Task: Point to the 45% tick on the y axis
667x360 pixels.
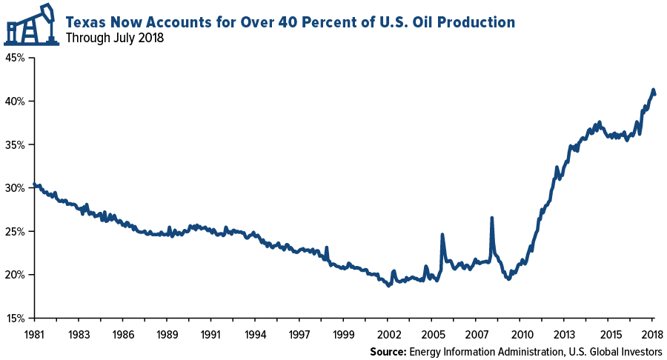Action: (16, 58)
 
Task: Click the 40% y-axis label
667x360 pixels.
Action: (16, 101)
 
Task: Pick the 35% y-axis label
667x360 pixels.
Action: (16, 144)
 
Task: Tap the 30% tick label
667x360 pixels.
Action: (16, 188)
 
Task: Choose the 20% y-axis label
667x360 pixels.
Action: (16, 275)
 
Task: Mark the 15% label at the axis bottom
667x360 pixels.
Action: (16, 319)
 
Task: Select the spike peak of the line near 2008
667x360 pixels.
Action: (491, 218)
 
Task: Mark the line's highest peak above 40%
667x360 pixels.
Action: (653, 90)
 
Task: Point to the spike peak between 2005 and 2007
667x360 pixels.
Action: (442, 235)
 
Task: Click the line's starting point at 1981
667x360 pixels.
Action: (35, 184)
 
